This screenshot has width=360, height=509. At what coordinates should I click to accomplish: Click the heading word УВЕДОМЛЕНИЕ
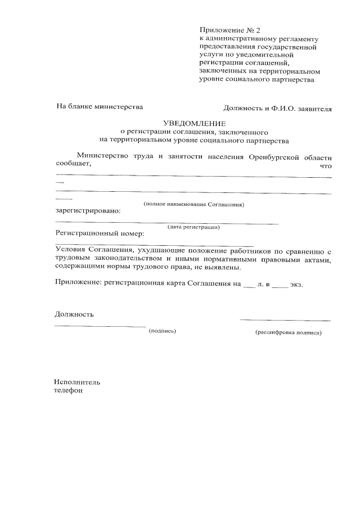[194, 123]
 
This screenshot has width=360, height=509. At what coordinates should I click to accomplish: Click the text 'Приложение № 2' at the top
[231, 29]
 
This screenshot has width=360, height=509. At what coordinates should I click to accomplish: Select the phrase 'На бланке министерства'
[99, 106]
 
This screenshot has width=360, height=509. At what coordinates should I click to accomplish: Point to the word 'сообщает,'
[73, 165]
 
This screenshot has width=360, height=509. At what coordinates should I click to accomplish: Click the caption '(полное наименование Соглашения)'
[193, 204]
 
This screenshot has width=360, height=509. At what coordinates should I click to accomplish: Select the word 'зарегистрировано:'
[87, 211]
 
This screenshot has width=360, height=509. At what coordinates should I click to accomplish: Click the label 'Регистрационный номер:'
[100, 233]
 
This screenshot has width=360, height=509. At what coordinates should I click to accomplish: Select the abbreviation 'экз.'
[296, 285]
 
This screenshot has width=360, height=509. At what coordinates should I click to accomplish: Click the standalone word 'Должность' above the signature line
[74, 314]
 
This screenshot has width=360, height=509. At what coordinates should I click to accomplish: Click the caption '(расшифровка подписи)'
[288, 332]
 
